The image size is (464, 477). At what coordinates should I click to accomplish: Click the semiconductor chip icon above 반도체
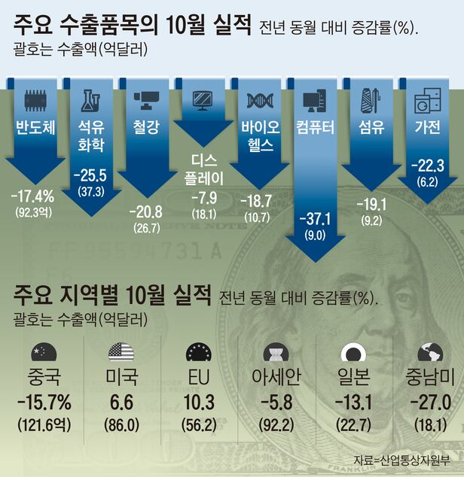click(35, 99)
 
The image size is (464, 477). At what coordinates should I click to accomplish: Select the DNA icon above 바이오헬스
click(259, 99)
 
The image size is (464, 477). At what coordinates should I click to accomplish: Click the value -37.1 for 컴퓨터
click(315, 219)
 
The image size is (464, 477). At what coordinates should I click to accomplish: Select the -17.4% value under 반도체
click(33, 197)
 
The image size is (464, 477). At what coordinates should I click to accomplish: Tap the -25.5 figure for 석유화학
click(90, 176)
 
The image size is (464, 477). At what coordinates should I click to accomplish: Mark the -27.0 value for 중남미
click(429, 401)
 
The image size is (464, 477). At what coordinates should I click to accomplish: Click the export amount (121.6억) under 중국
click(44, 425)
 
